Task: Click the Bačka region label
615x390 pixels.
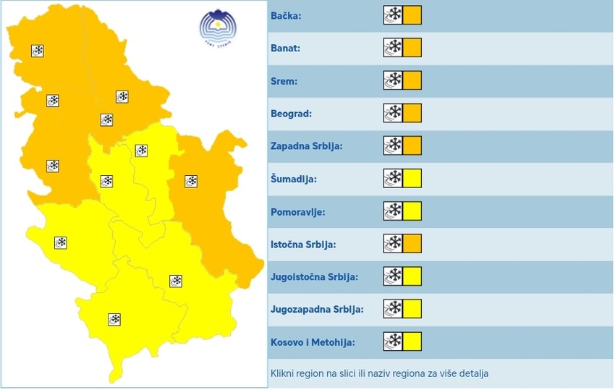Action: click(286, 16)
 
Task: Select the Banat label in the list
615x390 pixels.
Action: click(286, 48)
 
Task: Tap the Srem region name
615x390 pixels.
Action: click(284, 81)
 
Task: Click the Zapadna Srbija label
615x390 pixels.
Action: click(307, 146)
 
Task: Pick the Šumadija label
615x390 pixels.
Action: click(294, 179)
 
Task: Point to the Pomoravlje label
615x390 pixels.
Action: click(297, 212)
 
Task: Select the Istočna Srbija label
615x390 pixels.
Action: click(304, 245)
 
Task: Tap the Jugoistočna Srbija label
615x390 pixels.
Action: click(315, 277)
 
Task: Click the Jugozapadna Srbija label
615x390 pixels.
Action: click(317, 310)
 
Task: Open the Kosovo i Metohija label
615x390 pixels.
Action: click(313, 342)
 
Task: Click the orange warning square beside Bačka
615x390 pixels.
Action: click(412, 15)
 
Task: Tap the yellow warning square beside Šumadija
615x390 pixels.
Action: click(412, 178)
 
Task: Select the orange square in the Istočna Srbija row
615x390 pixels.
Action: click(412, 244)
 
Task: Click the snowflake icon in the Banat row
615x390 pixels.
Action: click(393, 48)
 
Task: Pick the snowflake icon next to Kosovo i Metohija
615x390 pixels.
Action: click(393, 342)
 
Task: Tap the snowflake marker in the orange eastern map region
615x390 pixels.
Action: click(191, 181)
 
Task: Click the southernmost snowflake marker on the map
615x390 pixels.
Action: click(114, 319)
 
